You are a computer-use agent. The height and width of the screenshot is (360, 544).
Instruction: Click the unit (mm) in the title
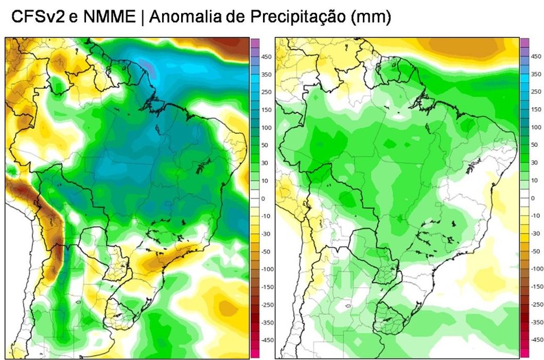coord(371,18)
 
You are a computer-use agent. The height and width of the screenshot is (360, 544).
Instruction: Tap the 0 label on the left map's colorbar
coord(264,198)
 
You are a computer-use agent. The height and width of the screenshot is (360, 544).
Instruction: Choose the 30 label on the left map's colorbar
coord(266,163)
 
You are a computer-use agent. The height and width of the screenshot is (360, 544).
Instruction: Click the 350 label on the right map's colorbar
coord(537,74)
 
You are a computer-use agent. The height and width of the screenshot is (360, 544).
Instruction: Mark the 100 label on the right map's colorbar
coord(537,127)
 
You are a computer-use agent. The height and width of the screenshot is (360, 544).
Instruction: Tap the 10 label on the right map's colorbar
coord(535,181)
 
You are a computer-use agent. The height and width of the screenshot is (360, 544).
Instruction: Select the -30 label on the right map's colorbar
coord(537,234)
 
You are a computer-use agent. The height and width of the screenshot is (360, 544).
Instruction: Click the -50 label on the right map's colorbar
coord(537,252)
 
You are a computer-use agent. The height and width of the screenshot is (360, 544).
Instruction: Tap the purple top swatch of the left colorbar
coord(255,43)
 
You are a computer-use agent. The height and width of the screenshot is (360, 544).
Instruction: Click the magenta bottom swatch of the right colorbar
coord(524,353)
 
